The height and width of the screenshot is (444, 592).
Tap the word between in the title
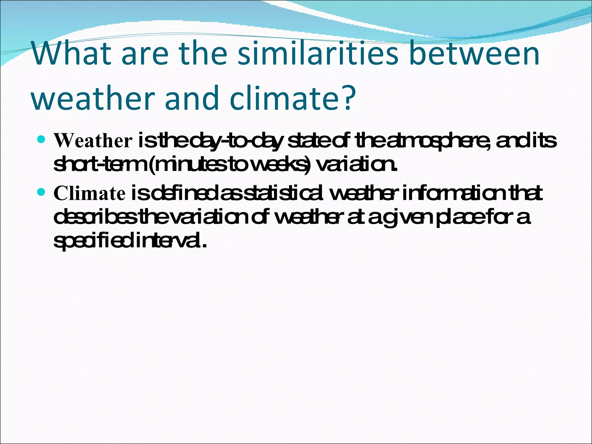[474, 54]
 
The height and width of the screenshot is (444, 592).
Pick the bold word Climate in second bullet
[90, 193]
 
